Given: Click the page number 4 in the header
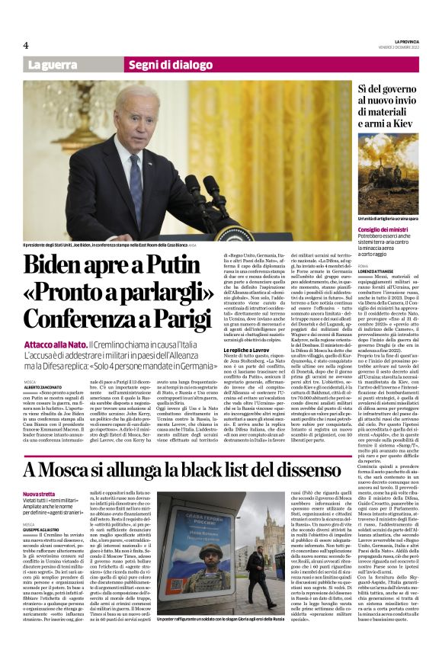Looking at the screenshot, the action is point(26,45).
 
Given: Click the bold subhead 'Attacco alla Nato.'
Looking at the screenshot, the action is point(55,345).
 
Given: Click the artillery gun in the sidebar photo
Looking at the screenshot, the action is point(388,187).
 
